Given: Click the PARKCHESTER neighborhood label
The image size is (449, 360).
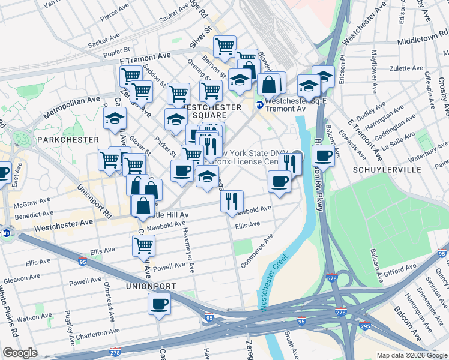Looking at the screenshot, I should pos(67,139).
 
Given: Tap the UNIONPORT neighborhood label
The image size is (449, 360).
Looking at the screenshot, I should pos(151,286).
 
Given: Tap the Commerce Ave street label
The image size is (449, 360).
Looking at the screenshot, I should pos(257,251).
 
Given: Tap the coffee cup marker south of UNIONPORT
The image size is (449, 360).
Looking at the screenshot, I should pos(159,304).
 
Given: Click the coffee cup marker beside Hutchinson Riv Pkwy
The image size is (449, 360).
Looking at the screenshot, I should pos(323,155).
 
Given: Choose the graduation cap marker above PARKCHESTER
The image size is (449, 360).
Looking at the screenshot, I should pos(115,119).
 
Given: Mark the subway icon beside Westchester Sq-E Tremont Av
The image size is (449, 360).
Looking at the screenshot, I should pos(260,104).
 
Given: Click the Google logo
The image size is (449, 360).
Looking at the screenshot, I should pos(20,353).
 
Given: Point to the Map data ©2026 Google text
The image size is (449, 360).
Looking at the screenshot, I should pos(412,355).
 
